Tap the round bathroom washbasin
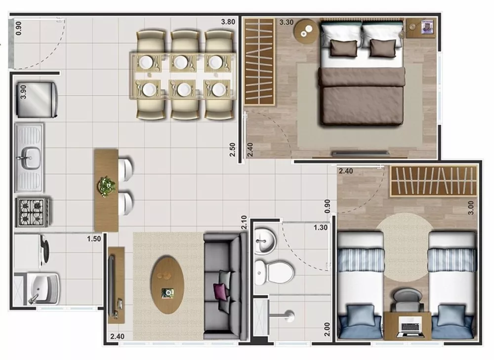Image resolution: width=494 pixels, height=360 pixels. tap(264, 241)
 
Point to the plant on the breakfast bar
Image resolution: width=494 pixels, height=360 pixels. tap(106, 186)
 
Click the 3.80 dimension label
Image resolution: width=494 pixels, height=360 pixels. tap(228, 22)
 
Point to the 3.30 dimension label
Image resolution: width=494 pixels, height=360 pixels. tap(286, 22)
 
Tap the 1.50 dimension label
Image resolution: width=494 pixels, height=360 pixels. tap(94, 239)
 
